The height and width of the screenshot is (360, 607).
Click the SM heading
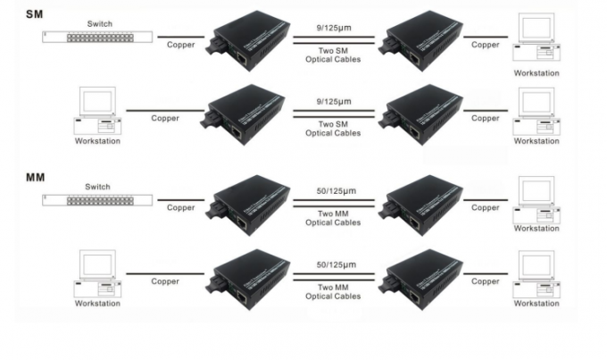[35, 14]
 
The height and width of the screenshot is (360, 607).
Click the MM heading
[35, 178]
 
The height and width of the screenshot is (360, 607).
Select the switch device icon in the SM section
[97, 38]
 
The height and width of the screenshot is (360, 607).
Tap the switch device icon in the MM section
[97, 200]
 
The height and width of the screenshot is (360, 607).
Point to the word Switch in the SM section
[99, 23]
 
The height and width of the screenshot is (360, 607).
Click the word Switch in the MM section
[97, 187]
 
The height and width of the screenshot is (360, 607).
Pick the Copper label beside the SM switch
[181, 45]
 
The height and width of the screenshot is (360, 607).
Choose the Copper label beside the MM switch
[181, 208]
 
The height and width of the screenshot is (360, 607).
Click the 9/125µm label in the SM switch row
[334, 28]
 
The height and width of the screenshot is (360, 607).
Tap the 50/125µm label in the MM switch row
[336, 191]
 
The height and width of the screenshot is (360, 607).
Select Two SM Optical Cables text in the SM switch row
[333, 55]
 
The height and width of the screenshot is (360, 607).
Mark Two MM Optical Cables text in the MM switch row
[333, 218]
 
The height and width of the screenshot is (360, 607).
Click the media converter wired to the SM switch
[248, 41]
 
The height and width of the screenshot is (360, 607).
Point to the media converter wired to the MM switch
[248, 205]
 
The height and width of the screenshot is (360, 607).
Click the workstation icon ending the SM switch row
[536, 38]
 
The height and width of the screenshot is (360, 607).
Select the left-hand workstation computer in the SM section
[97, 111]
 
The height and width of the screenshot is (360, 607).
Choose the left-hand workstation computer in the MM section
[97, 274]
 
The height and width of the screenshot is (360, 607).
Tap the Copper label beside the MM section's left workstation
[165, 281]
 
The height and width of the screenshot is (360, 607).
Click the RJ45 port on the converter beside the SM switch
[242, 59]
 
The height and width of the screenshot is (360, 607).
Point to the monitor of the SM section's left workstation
[97, 101]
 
